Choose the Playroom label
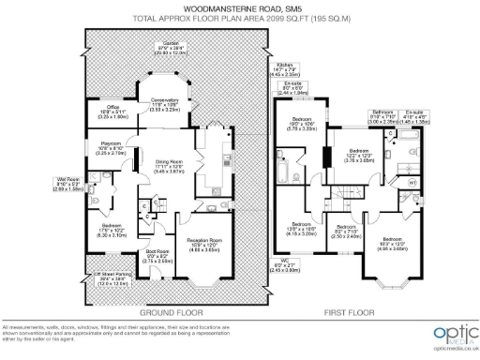click(112, 147)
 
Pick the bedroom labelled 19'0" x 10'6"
click(302, 123)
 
